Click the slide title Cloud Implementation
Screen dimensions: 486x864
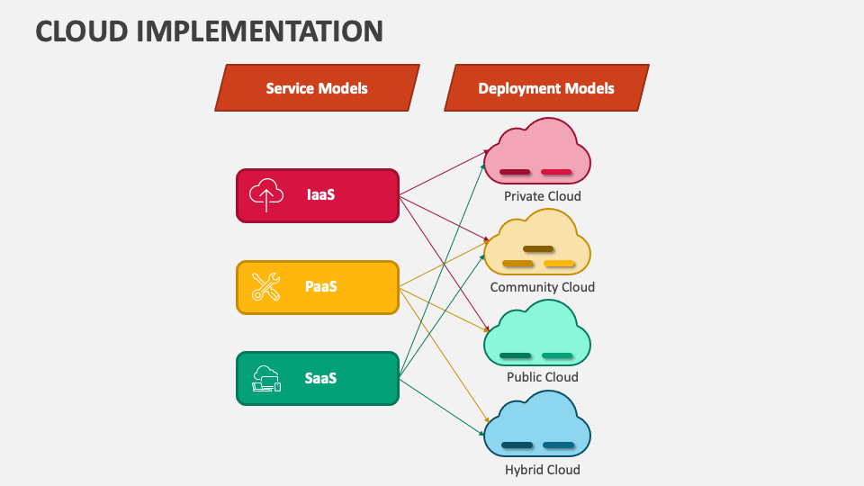coord(209,31)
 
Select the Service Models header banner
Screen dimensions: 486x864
coord(317,88)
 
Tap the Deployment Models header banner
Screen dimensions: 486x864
coord(546,88)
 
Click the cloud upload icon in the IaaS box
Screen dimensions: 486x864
coord(266,195)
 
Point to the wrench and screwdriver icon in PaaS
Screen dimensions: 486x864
coord(266,287)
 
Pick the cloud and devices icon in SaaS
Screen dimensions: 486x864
coord(266,379)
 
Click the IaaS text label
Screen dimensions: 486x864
coord(320,194)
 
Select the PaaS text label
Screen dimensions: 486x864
coord(320,287)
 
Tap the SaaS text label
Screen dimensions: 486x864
coord(320,378)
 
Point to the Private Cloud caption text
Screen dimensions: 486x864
coord(542,196)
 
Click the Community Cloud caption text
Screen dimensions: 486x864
coord(542,287)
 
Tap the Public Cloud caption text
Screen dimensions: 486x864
coord(542,377)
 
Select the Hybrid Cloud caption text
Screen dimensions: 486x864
coord(542,470)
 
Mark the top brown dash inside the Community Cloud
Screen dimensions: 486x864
coord(538,249)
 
